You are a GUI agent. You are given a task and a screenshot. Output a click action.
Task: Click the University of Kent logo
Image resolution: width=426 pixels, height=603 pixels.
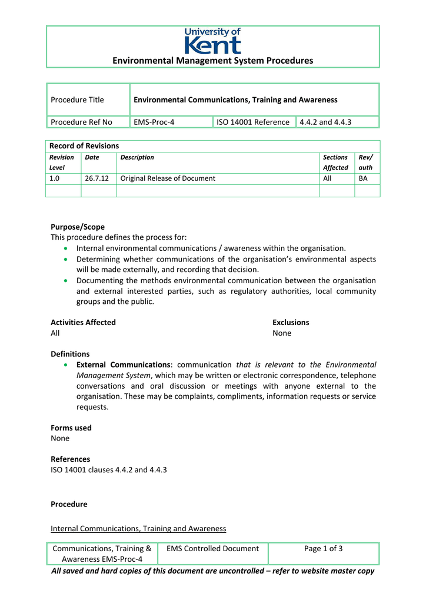tap(212, 41)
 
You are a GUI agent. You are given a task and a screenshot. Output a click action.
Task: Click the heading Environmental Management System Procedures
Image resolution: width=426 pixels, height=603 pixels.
tap(213, 61)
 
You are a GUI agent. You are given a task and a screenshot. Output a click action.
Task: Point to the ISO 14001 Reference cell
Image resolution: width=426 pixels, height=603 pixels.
tap(252, 122)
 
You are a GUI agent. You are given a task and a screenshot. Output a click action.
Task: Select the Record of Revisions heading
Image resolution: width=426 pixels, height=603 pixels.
tap(84, 146)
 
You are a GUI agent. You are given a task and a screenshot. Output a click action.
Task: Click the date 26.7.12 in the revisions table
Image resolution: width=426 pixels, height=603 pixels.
tap(92, 178)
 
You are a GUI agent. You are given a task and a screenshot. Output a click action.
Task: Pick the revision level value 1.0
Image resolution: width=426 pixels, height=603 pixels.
tap(54, 178)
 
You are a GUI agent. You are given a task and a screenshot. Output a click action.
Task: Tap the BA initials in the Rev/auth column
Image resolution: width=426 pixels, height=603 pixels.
tap(363, 178)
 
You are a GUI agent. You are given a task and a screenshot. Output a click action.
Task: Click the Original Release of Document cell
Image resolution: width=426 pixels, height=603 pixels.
tap(168, 178)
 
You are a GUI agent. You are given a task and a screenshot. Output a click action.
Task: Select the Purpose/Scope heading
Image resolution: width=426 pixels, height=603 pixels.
tap(78, 227)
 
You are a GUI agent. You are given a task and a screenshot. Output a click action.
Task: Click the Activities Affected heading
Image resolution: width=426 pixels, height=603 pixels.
tap(83, 322)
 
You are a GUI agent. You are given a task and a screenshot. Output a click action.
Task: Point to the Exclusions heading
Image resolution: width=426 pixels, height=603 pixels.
tap(291, 322)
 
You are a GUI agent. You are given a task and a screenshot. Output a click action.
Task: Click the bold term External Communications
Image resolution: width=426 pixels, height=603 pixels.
tap(123, 365)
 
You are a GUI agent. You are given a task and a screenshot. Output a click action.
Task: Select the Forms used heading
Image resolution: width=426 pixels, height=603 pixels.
tap(71, 428)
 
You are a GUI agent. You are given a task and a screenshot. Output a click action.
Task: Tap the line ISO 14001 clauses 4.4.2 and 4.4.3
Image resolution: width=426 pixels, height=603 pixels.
tap(109, 470)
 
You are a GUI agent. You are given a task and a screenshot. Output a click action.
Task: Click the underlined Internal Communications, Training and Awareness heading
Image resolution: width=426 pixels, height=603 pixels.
tap(138, 528)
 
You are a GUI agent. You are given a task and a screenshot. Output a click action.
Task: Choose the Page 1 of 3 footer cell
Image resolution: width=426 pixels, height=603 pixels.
tap(323, 549)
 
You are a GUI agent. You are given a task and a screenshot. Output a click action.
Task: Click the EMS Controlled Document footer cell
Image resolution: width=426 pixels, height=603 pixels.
tap(212, 549)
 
